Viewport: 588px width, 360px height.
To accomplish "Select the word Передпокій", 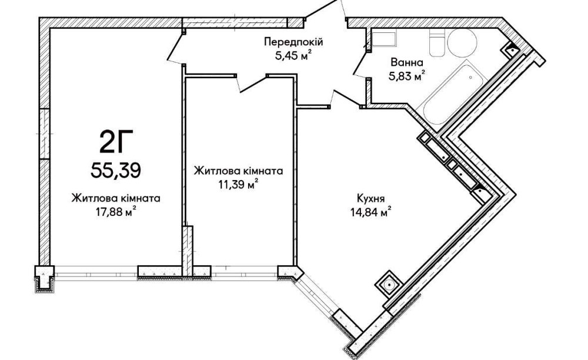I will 293,42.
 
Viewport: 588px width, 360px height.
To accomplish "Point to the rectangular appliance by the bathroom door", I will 384,40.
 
